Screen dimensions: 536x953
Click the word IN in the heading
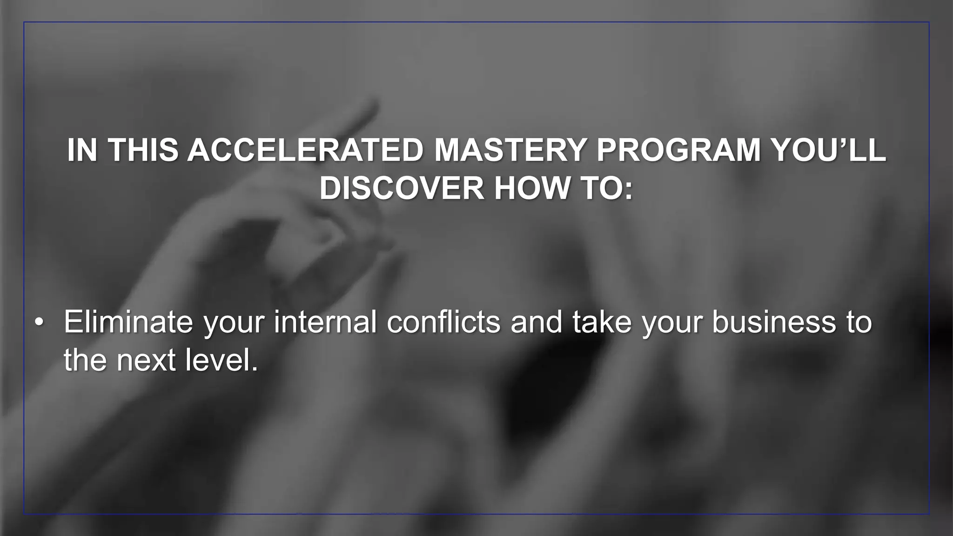[x=82, y=150]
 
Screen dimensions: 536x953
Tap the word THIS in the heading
[x=143, y=150]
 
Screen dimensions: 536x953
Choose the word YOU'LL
[x=828, y=150]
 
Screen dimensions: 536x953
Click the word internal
[x=325, y=322]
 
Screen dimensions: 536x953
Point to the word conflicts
[x=443, y=322]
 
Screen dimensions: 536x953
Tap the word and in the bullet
[x=536, y=322]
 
